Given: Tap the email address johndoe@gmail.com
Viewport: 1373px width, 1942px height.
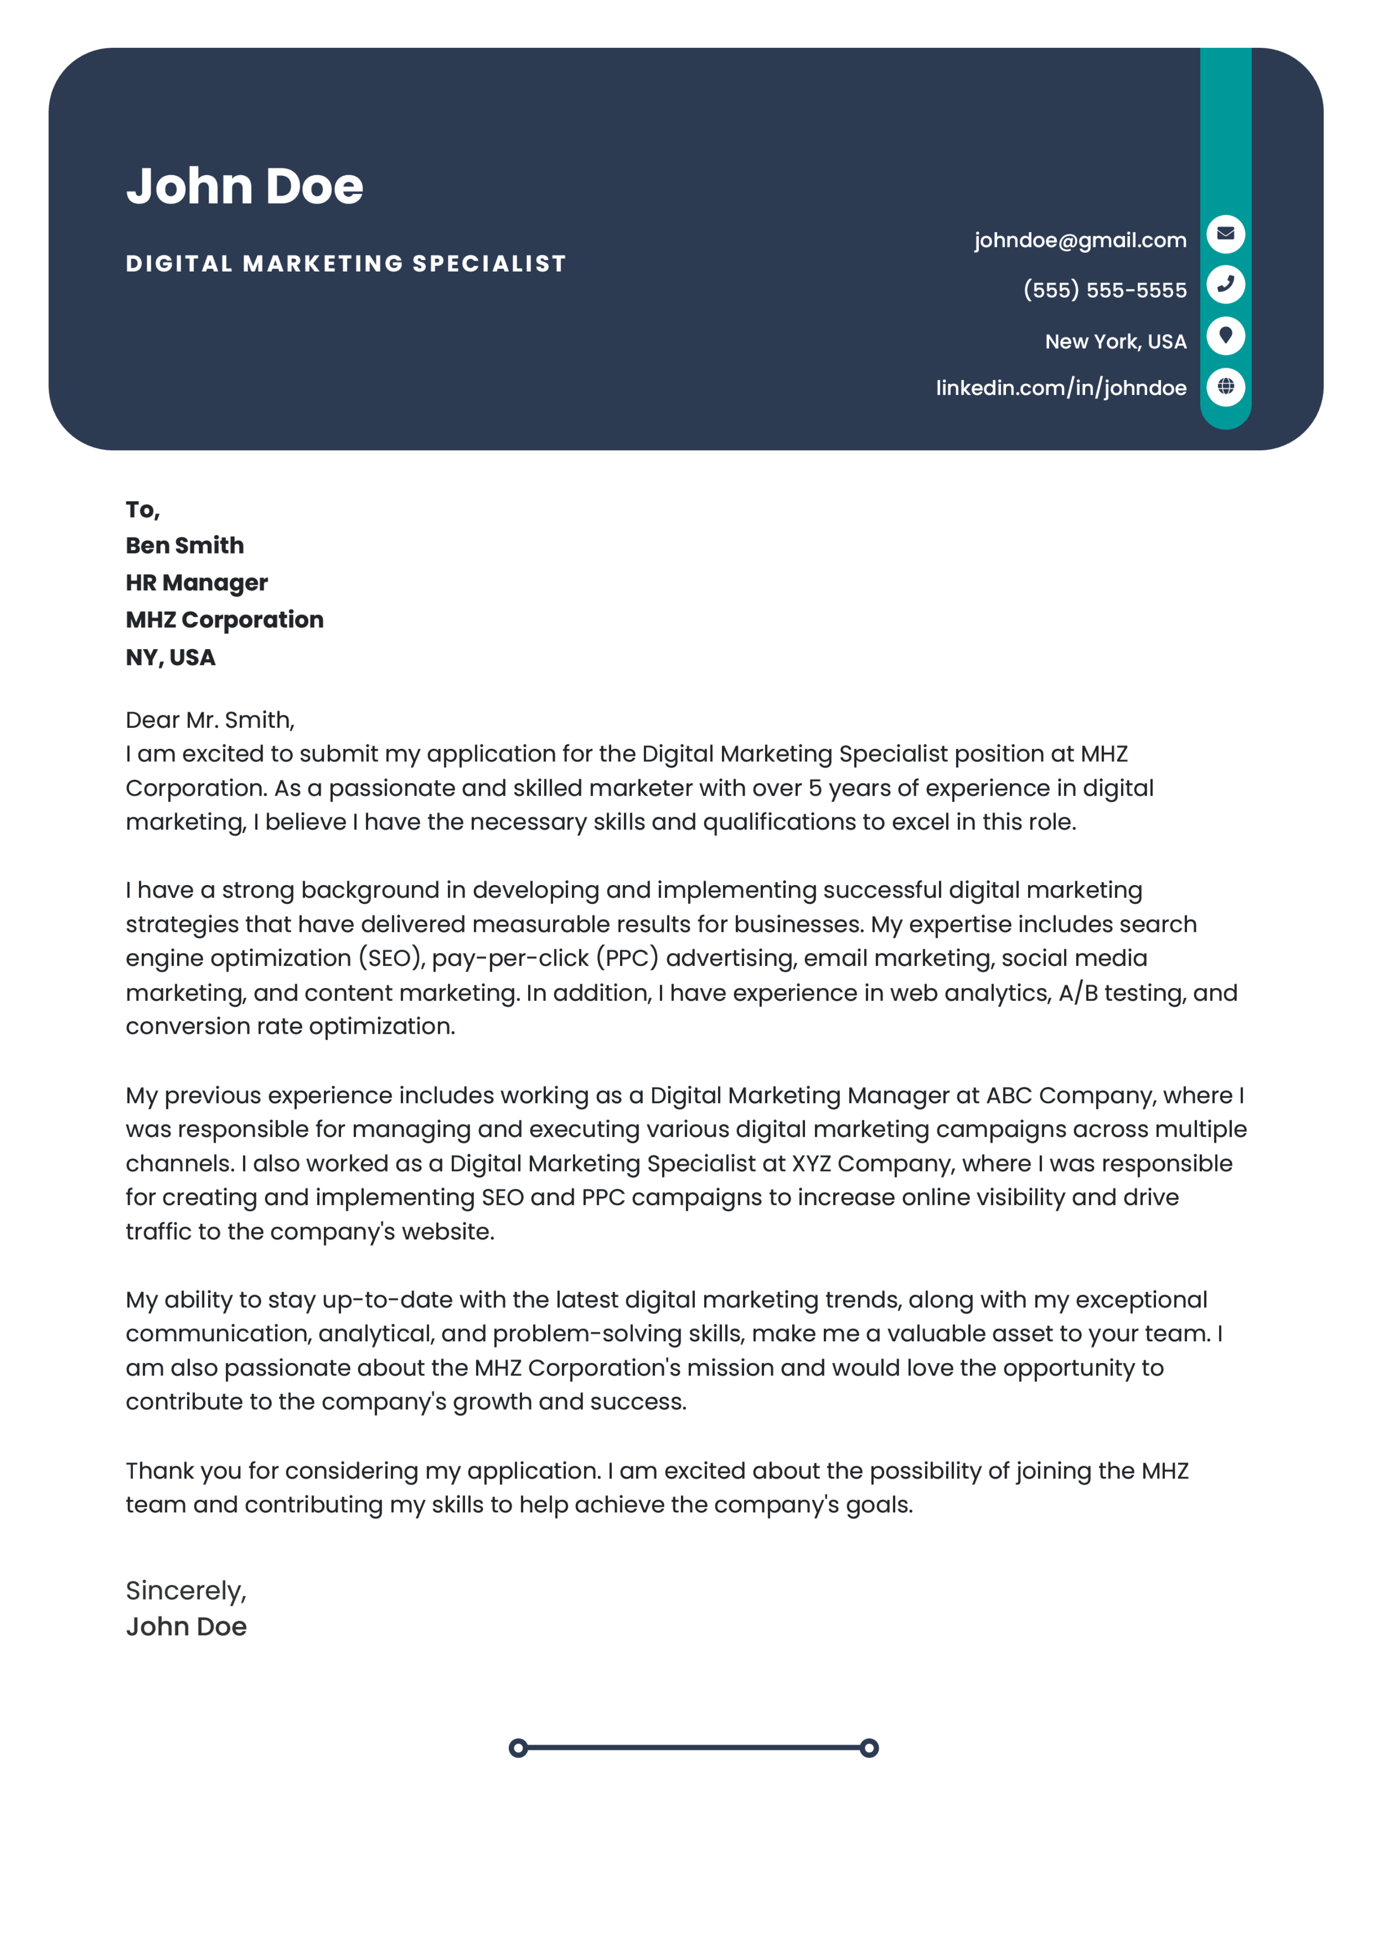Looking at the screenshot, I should point(1079,240).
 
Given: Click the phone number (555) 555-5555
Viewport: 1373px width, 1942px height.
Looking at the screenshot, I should point(1104,290).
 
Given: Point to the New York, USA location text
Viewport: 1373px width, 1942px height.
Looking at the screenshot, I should point(1115,342).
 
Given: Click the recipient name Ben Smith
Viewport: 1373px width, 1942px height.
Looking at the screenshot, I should point(185,546).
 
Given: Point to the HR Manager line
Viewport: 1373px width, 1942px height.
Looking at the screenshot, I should point(196,583).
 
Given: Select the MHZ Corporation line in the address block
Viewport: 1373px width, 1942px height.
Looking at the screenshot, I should point(224,620).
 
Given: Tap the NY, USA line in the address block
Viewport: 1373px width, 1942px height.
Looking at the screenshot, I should point(170,657).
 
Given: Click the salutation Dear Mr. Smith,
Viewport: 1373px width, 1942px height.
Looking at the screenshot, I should point(210,720).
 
